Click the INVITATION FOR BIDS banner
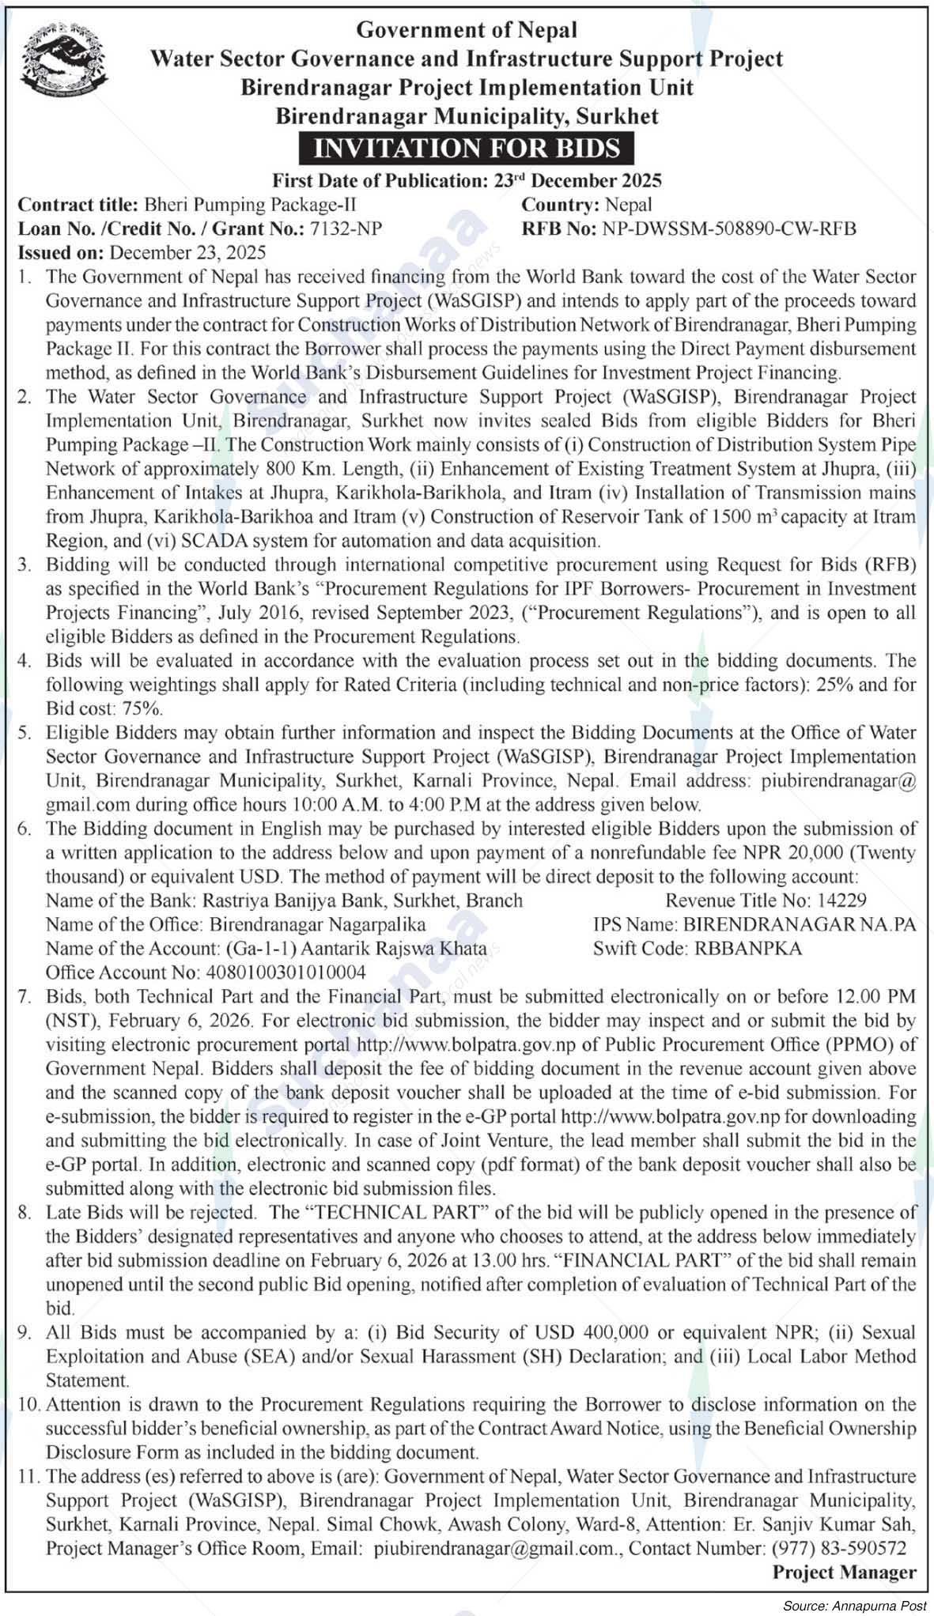tap(467, 149)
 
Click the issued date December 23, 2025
tap(188, 253)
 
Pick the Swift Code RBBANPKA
tap(747, 948)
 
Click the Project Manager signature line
tap(844, 1573)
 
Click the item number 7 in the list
tap(27, 996)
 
